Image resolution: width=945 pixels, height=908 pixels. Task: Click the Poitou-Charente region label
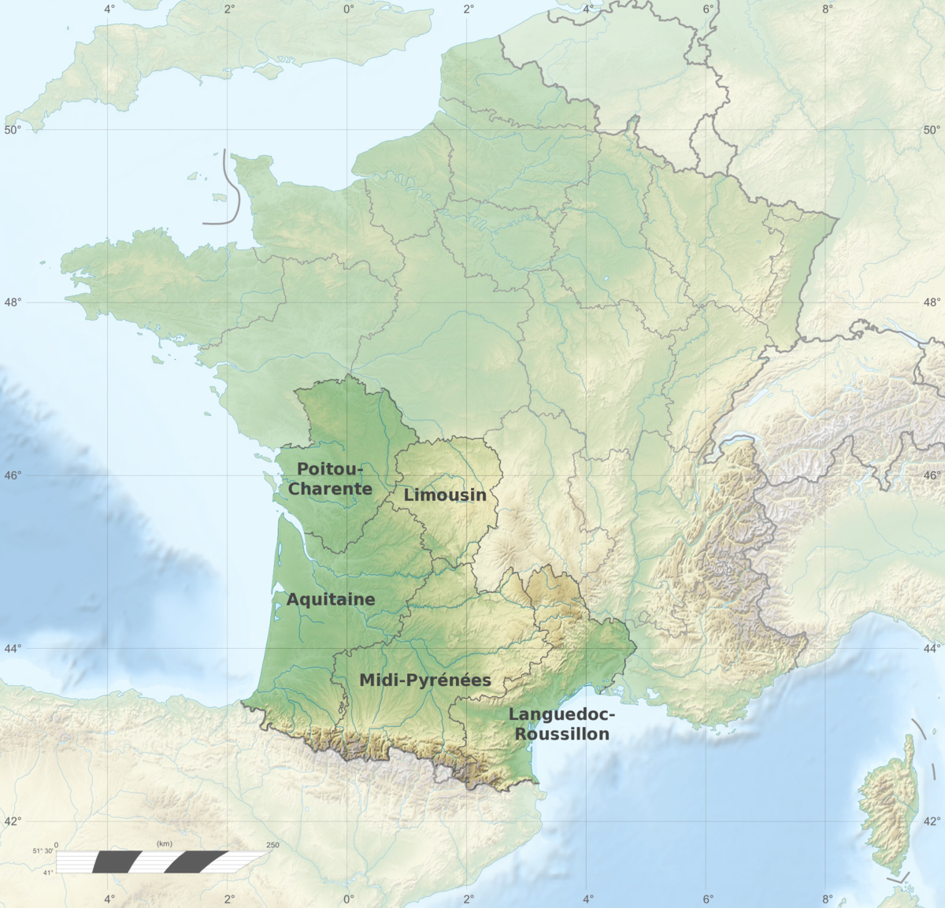[330, 479]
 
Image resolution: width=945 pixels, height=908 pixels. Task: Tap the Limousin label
[445, 495]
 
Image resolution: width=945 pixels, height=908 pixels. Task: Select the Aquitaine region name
[331, 599]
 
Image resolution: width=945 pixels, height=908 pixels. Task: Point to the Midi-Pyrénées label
[425, 680]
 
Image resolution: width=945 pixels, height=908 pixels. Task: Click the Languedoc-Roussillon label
[560, 724]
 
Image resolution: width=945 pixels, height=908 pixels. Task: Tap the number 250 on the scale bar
[272, 845]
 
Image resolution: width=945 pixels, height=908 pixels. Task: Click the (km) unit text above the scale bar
[164, 844]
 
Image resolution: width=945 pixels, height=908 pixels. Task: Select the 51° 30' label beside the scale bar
[43, 851]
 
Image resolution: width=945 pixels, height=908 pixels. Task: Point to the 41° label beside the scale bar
[48, 872]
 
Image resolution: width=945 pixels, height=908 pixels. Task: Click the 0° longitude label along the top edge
[349, 9]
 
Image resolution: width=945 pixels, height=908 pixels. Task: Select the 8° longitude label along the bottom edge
[828, 899]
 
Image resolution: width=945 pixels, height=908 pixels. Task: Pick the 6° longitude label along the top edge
[708, 9]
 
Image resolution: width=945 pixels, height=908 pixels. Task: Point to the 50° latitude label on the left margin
[13, 130]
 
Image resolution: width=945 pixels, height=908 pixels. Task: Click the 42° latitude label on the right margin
[932, 821]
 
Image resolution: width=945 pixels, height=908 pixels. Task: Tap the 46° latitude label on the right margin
[932, 476]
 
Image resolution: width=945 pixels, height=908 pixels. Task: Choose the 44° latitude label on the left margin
[13, 649]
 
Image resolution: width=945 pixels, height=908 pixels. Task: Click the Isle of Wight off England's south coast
[269, 71]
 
